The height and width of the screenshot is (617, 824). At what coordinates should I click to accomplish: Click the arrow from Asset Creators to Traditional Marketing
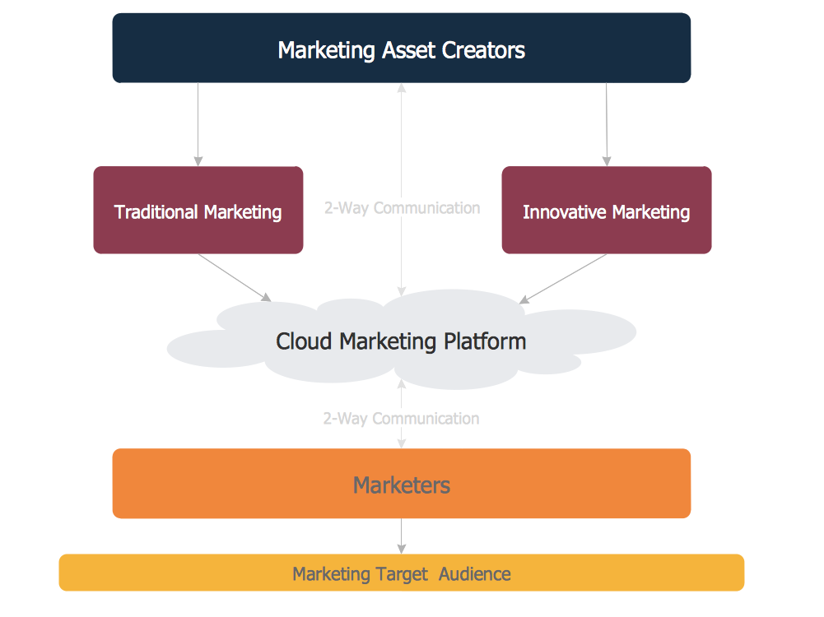click(x=198, y=123)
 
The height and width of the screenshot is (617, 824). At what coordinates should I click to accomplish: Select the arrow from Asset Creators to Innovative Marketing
click(x=607, y=123)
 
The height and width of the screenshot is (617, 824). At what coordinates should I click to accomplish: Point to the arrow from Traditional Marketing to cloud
click(x=234, y=277)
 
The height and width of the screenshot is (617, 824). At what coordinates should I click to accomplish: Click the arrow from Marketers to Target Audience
click(x=401, y=536)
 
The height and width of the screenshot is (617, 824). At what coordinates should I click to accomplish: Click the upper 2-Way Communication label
click(x=402, y=208)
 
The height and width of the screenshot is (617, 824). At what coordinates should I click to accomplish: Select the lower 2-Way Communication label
click(x=401, y=419)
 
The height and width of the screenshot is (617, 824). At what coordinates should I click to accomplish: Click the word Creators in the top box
click(x=483, y=50)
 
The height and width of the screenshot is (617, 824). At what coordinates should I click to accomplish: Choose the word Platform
click(x=485, y=341)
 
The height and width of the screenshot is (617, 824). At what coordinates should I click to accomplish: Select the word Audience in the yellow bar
click(x=475, y=574)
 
